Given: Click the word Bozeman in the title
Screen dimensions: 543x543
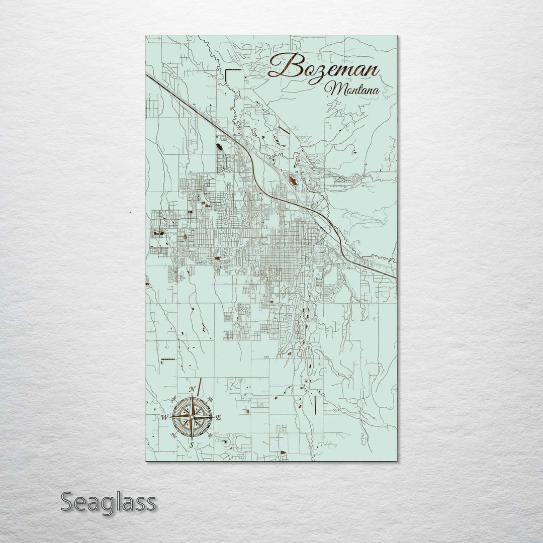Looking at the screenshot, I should tap(324, 67).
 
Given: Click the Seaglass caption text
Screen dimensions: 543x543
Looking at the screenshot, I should tap(108, 501).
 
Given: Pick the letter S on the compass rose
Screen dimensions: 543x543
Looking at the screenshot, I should tap(192, 444).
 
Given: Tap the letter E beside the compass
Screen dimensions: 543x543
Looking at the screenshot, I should tap(219, 417).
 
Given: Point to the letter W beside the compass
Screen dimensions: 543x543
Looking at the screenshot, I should tap(164, 417).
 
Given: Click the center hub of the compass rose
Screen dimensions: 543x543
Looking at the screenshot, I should tap(192, 417).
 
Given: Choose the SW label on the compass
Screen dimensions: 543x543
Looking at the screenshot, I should tap(174, 435).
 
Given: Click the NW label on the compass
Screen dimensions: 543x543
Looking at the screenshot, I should tap(173, 399).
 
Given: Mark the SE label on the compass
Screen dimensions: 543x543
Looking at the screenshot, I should tap(210, 435).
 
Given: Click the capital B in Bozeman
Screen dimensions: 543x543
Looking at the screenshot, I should tap(283, 66).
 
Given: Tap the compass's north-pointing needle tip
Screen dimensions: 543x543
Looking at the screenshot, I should tap(192, 397).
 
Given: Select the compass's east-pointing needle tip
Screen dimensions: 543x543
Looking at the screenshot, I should tap(212, 417).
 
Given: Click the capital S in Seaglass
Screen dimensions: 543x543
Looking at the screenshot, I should tap(69, 501).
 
